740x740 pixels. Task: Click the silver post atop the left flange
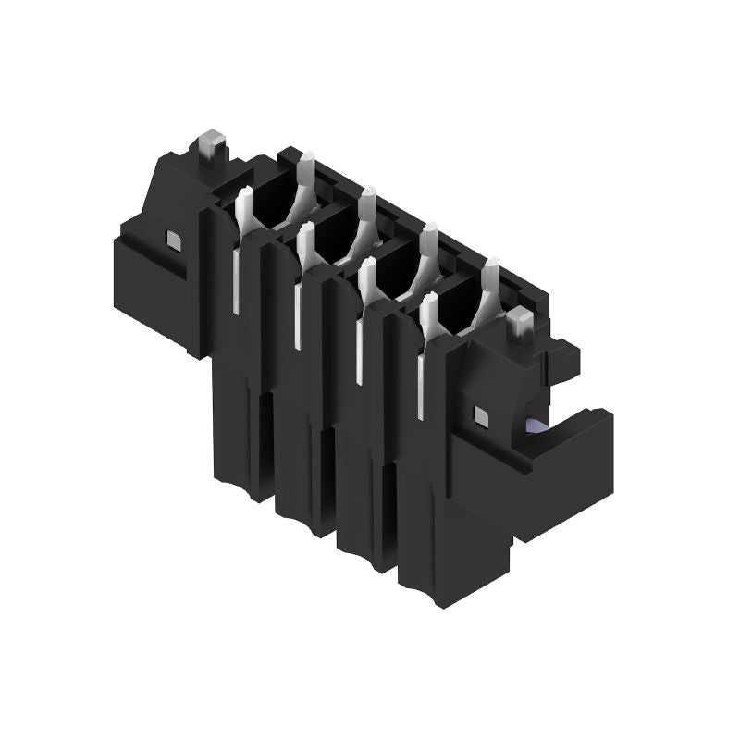211,145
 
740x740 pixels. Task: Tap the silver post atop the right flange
520,325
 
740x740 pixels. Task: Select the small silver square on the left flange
172,240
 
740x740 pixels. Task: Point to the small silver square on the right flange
480,416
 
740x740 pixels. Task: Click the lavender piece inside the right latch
536,426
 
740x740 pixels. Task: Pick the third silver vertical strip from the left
358,351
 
